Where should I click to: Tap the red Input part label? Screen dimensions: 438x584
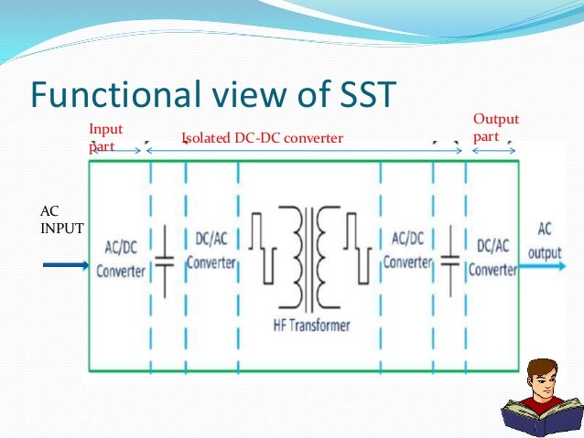(105, 136)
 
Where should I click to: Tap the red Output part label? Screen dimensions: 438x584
(495, 128)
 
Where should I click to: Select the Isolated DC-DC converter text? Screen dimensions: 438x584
(263, 138)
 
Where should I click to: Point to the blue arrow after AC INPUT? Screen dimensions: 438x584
(66, 266)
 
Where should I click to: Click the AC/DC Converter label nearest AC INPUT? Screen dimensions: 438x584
(120, 260)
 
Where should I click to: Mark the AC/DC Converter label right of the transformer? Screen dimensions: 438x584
(407, 250)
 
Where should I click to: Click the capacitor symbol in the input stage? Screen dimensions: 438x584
(163, 261)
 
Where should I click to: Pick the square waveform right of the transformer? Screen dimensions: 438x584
(357, 247)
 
